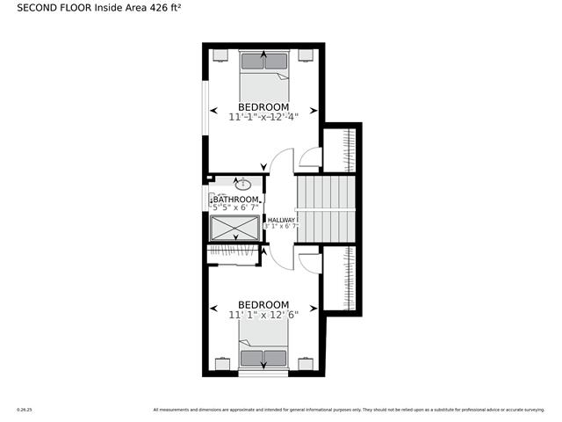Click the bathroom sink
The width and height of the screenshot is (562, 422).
click(242, 186)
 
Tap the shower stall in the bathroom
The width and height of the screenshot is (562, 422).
click(235, 228)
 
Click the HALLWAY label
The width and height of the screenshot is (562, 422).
click(282, 220)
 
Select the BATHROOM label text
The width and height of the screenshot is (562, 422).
click(236, 200)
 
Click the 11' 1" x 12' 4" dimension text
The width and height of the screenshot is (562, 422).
click(263, 116)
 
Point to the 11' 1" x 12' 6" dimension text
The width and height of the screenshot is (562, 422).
click(263, 314)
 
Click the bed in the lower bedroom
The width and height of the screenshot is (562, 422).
click(263, 346)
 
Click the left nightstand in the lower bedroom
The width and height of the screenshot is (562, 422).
click(222, 363)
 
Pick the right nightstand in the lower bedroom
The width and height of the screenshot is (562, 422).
click(306, 363)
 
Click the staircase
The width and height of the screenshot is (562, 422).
click(325, 208)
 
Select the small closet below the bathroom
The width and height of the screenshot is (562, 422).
click(233, 254)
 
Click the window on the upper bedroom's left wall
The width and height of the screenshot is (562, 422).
click(205, 110)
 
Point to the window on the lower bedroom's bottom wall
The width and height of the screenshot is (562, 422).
click(263, 375)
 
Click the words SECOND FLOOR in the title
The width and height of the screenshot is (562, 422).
click(54, 11)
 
